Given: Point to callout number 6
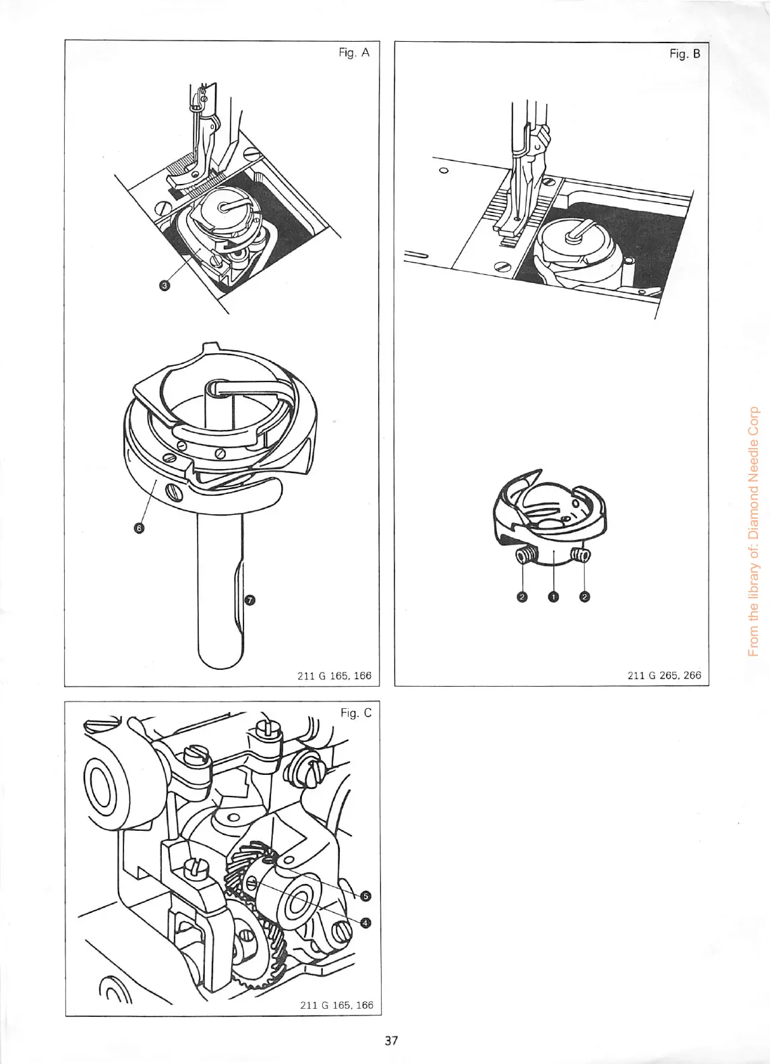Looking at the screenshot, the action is point(139,529).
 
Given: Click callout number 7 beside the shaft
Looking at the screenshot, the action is point(249,600).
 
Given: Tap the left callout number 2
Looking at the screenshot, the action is point(521,596).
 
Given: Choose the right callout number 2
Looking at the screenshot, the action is point(585,596).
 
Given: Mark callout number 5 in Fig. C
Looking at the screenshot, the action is point(365,896).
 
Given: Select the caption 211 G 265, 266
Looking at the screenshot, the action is point(665,675).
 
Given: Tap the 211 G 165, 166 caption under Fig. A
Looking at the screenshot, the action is point(334,675).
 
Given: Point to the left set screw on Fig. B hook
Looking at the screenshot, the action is point(525,555).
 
